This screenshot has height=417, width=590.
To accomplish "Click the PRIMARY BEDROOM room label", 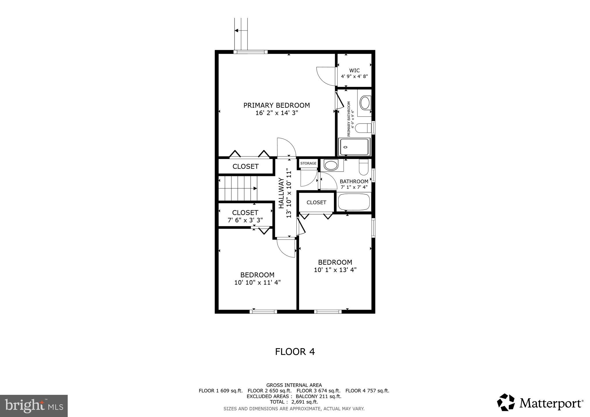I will point(277,105).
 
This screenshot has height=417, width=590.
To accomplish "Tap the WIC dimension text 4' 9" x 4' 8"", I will point(354,77).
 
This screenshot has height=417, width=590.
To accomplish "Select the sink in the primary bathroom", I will point(365,103).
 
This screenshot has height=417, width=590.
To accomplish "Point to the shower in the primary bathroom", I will point(354,147).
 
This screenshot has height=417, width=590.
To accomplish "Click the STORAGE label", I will point(308,163).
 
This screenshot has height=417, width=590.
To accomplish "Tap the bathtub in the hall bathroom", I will point(353,202).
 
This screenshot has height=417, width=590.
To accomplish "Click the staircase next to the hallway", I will point(238,188).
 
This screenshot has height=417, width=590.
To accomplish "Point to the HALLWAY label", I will point(281,193).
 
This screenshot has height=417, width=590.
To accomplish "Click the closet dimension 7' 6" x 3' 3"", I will point(245,221).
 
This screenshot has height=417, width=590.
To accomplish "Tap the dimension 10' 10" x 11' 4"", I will point(257,283).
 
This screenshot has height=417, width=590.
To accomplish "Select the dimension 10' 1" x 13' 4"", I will point(335,270).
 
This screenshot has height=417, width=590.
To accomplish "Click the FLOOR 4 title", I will point(295,352).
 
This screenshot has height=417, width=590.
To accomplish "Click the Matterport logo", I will point(540,402).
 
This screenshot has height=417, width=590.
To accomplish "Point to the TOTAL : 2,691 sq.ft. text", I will point(294,402).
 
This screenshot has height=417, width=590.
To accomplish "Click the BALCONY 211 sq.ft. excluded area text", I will point(318,396).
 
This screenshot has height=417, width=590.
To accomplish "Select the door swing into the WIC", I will point(327,76).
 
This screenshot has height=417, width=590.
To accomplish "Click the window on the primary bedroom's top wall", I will point(250,52).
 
